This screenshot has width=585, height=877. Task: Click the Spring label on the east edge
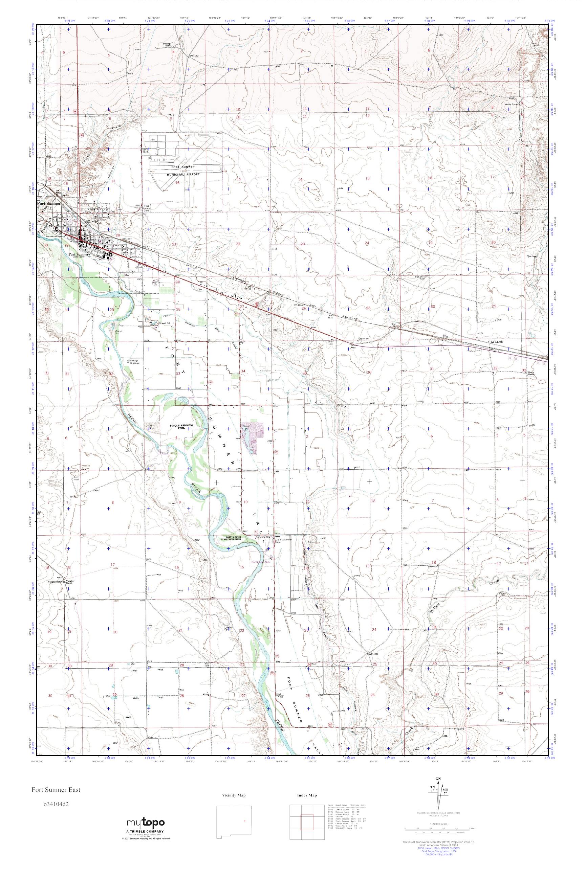pyautogui.click(x=530, y=256)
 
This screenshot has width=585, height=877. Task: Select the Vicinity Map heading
pyautogui.click(x=234, y=795)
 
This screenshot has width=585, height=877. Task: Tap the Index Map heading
pyautogui.click(x=307, y=795)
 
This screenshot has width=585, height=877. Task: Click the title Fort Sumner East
pyautogui.click(x=56, y=789)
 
